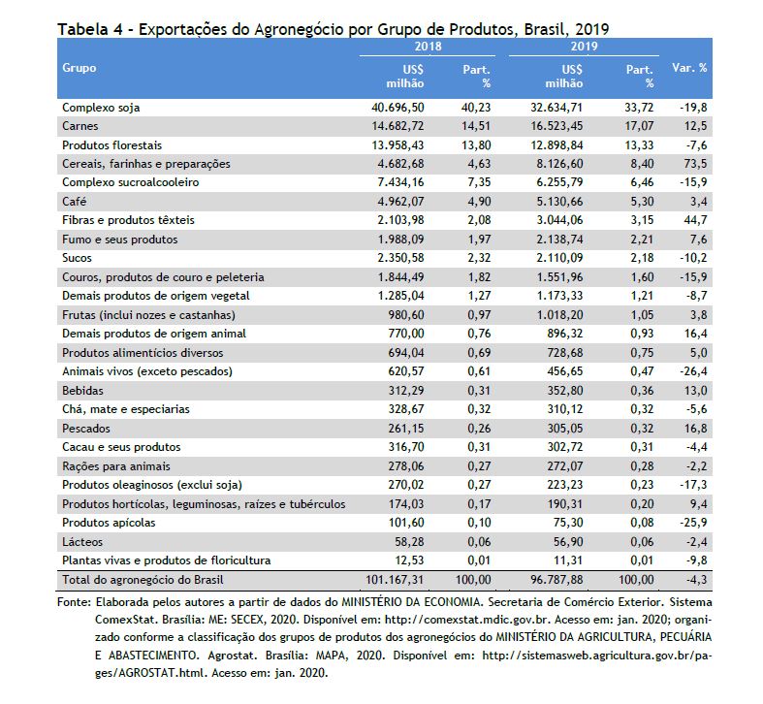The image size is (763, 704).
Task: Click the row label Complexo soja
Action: (x=101, y=108)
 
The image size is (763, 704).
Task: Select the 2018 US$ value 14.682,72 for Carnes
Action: (x=397, y=126)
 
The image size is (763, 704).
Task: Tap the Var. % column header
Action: (x=689, y=68)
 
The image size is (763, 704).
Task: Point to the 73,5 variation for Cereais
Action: (x=695, y=164)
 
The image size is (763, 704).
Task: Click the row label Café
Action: (x=74, y=201)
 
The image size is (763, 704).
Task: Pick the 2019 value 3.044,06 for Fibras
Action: (x=559, y=220)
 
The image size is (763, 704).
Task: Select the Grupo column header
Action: (x=79, y=68)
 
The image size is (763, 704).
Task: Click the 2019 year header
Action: (x=584, y=47)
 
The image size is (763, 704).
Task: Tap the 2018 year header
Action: (x=428, y=47)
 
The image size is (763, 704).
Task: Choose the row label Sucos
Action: (x=77, y=258)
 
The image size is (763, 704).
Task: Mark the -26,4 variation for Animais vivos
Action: (x=693, y=371)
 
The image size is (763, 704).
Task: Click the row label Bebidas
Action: (x=82, y=391)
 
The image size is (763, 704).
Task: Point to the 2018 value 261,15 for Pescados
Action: (x=406, y=429)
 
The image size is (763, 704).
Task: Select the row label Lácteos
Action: (x=82, y=542)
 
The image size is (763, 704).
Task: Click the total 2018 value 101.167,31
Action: (x=395, y=580)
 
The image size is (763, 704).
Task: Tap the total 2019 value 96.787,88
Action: (x=556, y=580)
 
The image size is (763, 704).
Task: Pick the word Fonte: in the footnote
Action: (x=74, y=602)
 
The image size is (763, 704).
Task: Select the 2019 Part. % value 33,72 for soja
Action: (x=639, y=108)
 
